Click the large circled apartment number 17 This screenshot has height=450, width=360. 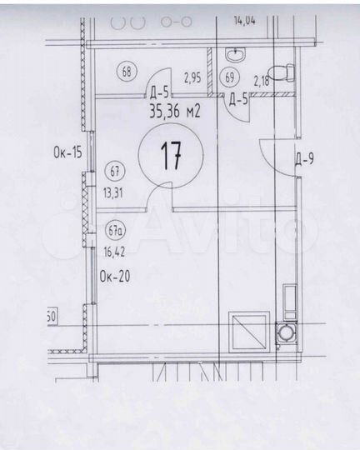(171, 156)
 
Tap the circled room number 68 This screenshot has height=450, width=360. (127, 71)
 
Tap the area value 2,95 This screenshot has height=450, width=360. (192, 78)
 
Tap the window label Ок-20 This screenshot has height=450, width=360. (114, 276)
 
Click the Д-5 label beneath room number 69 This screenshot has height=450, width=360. (237, 100)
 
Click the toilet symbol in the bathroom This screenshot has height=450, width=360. (285, 72)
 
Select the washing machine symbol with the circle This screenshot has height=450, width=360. (286, 332)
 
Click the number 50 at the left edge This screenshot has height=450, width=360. (51, 317)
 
